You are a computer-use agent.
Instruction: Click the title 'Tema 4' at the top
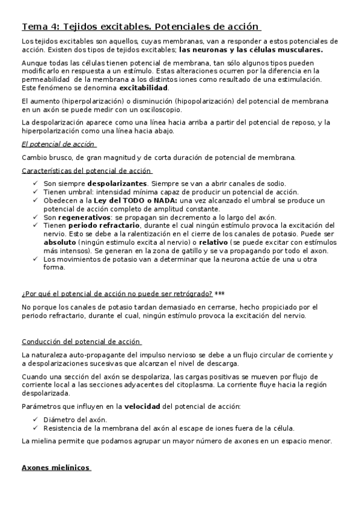click(x=40, y=26)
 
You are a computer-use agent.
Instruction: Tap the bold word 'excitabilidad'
click(x=144, y=87)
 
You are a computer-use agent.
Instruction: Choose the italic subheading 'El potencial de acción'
click(x=58, y=144)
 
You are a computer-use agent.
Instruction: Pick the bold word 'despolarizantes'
click(x=117, y=183)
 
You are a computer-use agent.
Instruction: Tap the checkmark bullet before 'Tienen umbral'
click(x=36, y=191)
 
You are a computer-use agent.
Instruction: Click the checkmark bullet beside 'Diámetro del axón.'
click(x=36, y=419)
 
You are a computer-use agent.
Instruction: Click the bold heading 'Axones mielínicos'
click(x=56, y=467)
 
